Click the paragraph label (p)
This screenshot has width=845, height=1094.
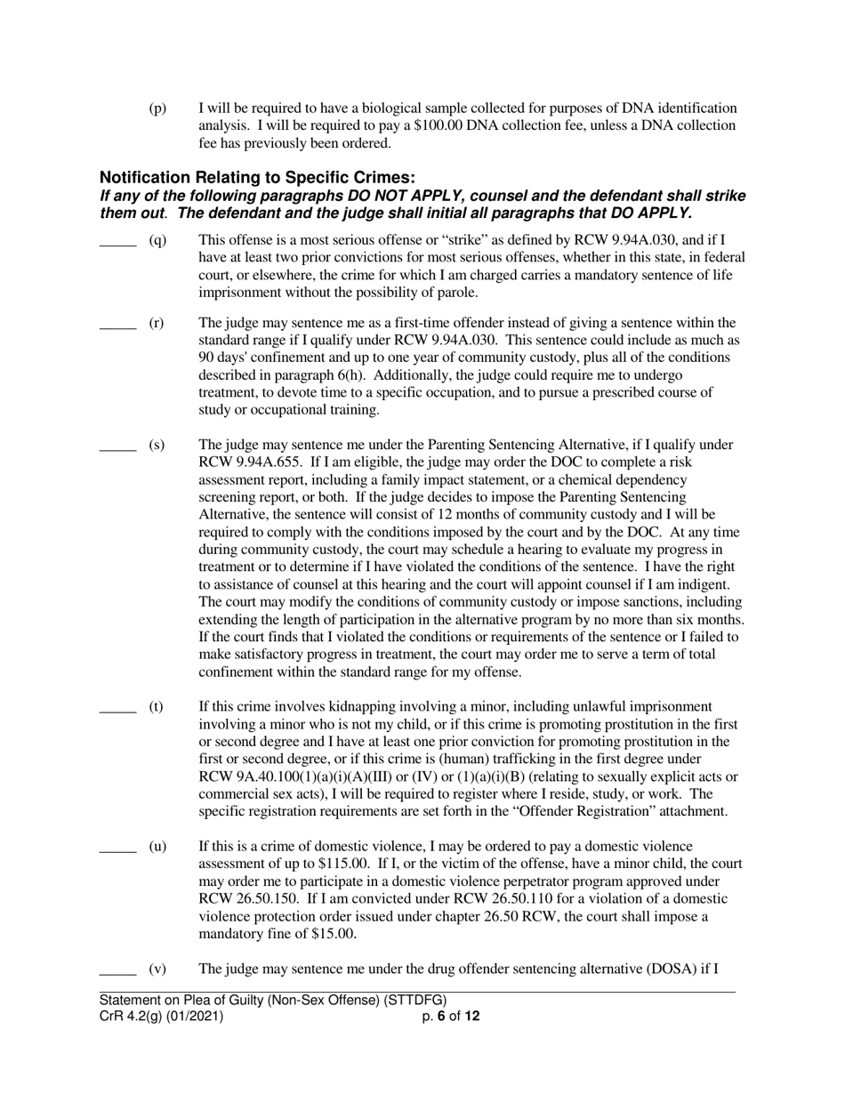(x=157, y=109)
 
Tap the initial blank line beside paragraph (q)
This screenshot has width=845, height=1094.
(x=117, y=240)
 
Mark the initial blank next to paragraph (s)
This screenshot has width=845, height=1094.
(x=117, y=446)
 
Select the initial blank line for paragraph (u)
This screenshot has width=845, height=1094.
(x=117, y=846)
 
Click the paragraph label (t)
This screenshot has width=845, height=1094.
(x=157, y=706)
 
